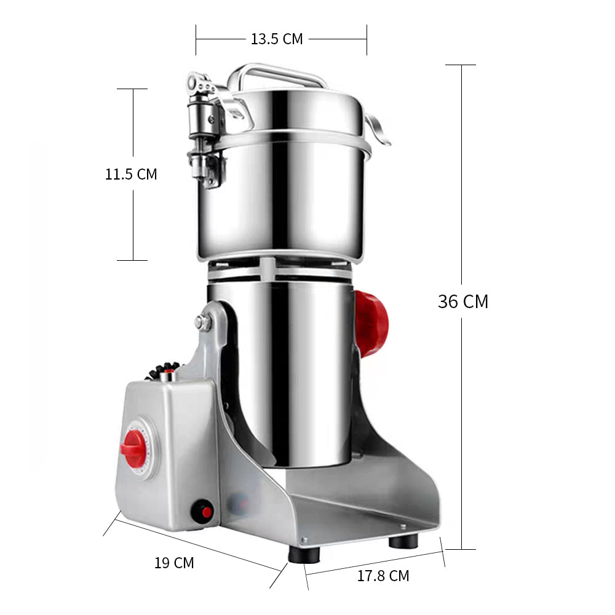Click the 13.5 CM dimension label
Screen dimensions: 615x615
pyautogui.click(x=277, y=39)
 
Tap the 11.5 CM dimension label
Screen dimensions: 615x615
pyautogui.click(x=131, y=174)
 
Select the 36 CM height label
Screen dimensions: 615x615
pyautogui.click(x=462, y=301)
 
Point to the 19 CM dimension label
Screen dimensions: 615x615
pyautogui.click(x=174, y=562)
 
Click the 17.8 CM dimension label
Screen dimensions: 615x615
pyautogui.click(x=383, y=576)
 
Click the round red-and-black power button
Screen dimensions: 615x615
pyautogui.click(x=202, y=510)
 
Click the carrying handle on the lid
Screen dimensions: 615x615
pyautogui.click(x=277, y=74)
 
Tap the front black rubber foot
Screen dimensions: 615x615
pyautogui.click(x=304, y=554)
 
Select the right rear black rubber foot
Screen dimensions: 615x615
pyautogui.click(x=403, y=541)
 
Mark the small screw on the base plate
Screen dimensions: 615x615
pyautogui.click(x=403, y=527)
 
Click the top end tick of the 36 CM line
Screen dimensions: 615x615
pyautogui.click(x=461, y=65)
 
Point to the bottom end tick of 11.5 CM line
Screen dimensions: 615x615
pyautogui.click(x=132, y=260)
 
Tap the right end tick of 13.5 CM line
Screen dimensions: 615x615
pyautogui.click(x=367, y=39)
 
